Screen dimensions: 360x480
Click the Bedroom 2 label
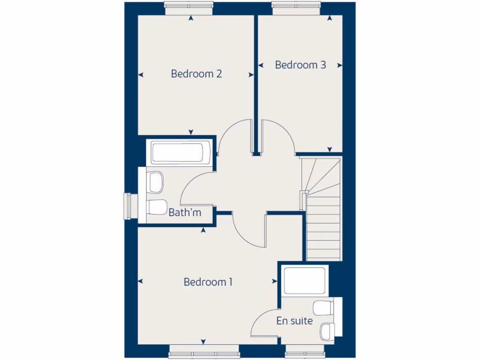coord(196,74)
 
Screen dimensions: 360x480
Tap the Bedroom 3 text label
coord(300,65)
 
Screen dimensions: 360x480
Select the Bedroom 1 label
coord(208,282)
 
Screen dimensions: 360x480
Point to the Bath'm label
coord(185,213)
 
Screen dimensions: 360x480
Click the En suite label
coord(294,321)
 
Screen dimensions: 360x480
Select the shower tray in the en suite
coord(305,281)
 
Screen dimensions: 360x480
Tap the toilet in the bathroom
coord(156,181)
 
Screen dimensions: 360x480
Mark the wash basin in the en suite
coord(327,331)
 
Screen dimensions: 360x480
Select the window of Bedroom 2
coord(189,5)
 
